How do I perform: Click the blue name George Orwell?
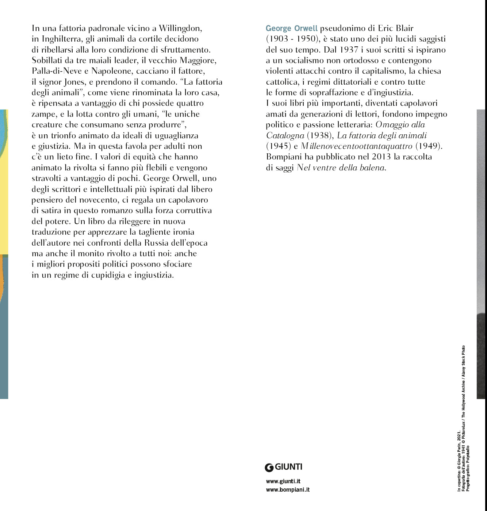[291, 28]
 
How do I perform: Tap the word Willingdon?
[180, 28]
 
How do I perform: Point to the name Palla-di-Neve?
[57, 71]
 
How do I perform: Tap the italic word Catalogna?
[285, 135]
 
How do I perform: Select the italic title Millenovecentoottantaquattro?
[356, 146]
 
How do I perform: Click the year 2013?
[381, 157]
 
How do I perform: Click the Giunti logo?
[284, 467]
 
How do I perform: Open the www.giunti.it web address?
[283, 481]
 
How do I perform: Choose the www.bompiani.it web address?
[288, 489]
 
